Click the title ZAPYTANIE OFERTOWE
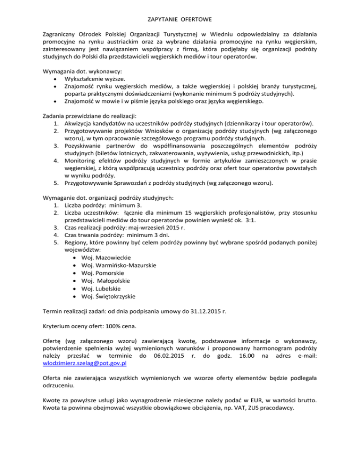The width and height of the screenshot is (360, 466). (x=180, y=20)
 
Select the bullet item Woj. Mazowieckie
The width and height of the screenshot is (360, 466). (x=106, y=258)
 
